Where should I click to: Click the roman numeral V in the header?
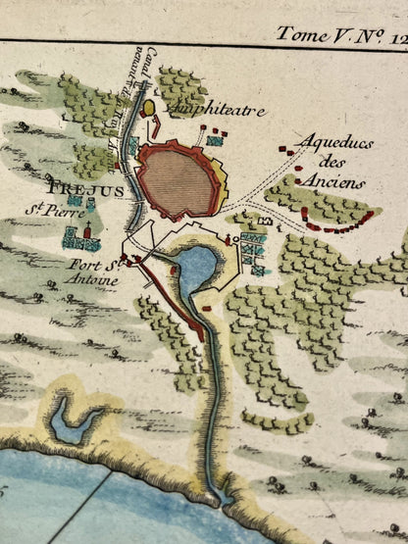(x=338, y=33)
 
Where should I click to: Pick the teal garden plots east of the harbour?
(x=253, y=249)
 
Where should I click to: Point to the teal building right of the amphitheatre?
(x=213, y=140)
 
